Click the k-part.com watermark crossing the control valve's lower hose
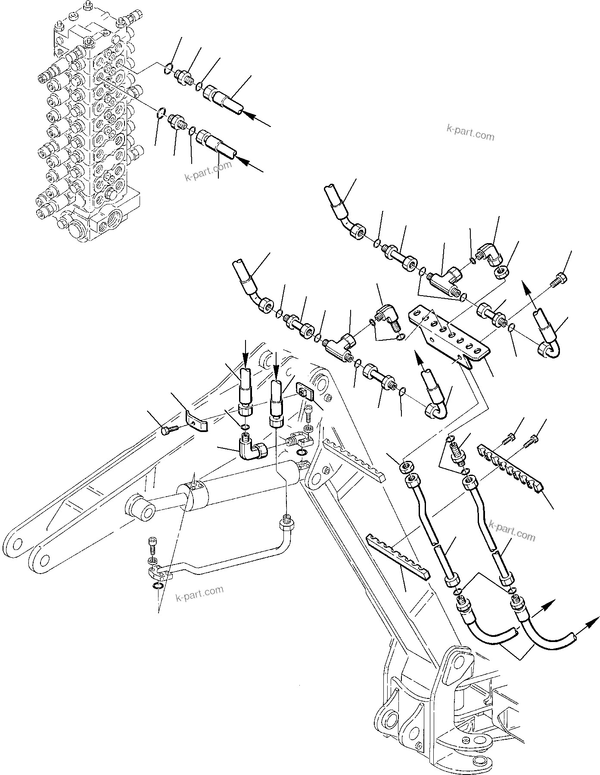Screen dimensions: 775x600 pyautogui.click(x=208, y=171)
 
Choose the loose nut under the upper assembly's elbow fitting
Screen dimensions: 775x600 pyautogui.click(x=501, y=272)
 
